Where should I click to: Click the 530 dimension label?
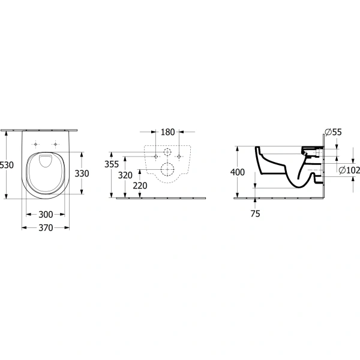[x=7, y=165]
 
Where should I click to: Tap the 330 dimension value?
[x=82, y=173]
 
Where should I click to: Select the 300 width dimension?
[x=46, y=214]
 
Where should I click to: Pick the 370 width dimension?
[x=46, y=228]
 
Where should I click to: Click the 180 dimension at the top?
[x=167, y=132]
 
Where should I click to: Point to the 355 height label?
[x=112, y=164]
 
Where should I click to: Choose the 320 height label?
[x=125, y=175]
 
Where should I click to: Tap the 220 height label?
[x=140, y=185]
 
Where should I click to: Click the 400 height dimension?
[x=238, y=172]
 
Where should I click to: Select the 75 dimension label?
[x=256, y=214]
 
